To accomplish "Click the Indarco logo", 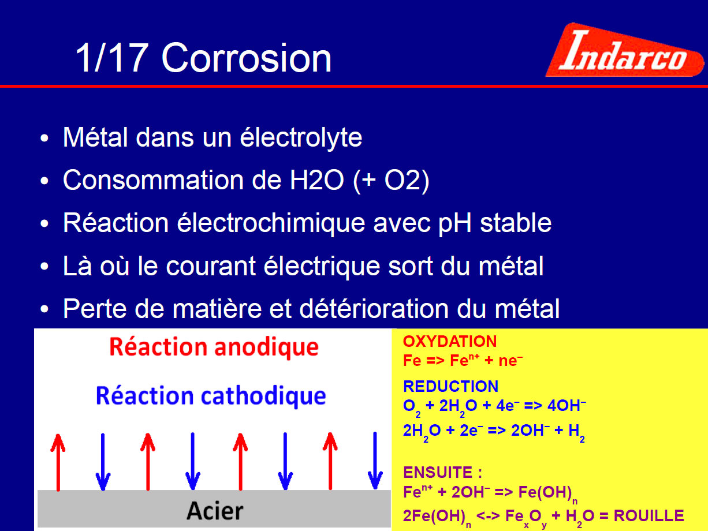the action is pyautogui.click(x=624, y=50).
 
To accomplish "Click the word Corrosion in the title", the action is pyautogui.click(x=247, y=58).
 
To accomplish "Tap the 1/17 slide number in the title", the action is pyautogui.click(x=112, y=58).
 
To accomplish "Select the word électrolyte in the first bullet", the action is pyautogui.click(x=301, y=137).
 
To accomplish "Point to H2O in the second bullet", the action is pyautogui.click(x=316, y=180).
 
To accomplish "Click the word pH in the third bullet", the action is pyautogui.click(x=455, y=224).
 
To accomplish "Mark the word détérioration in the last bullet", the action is pyautogui.click(x=374, y=309).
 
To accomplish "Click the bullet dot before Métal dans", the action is pyautogui.click(x=44, y=139).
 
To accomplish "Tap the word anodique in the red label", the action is pyautogui.click(x=266, y=347).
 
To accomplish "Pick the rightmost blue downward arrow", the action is pyautogui.click(x=375, y=462).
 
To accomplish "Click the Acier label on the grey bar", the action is pyautogui.click(x=215, y=511).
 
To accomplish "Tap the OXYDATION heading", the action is pyautogui.click(x=450, y=342).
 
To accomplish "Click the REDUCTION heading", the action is pyautogui.click(x=450, y=386).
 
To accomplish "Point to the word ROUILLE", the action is pyautogui.click(x=649, y=515).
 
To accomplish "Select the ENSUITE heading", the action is pyautogui.click(x=442, y=472).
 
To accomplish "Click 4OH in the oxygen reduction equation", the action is pyautogui.click(x=567, y=406).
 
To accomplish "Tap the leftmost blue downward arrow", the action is pyautogui.click(x=103, y=462).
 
